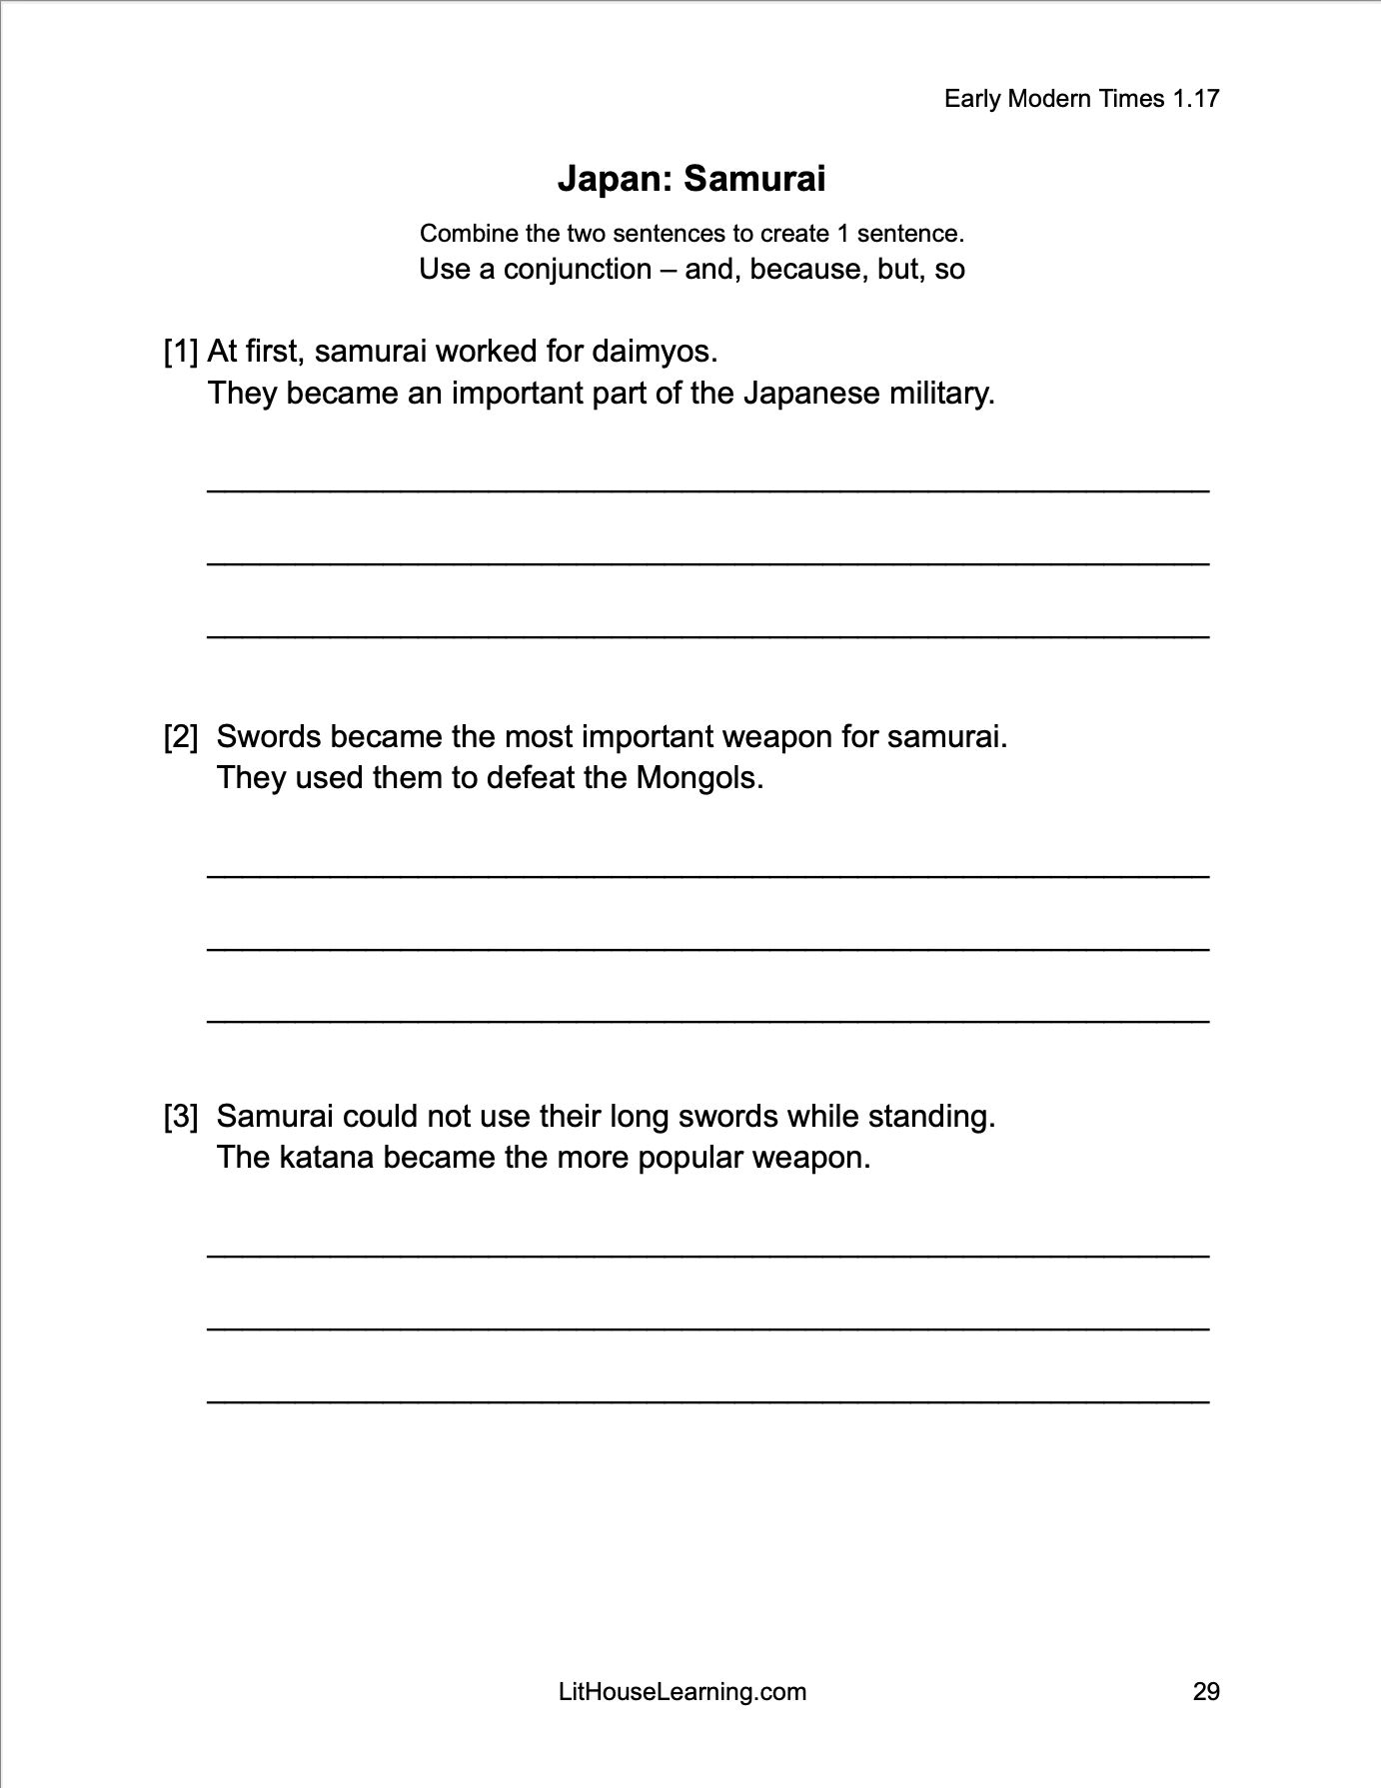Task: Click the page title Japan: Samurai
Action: click(690, 179)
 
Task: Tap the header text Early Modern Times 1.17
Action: click(1081, 98)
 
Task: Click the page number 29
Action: click(1206, 1691)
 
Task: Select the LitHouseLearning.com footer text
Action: click(683, 1691)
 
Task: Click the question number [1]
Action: click(181, 352)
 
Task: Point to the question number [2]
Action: click(181, 737)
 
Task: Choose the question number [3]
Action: click(181, 1116)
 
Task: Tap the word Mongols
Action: click(699, 777)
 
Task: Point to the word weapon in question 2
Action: click(776, 737)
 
